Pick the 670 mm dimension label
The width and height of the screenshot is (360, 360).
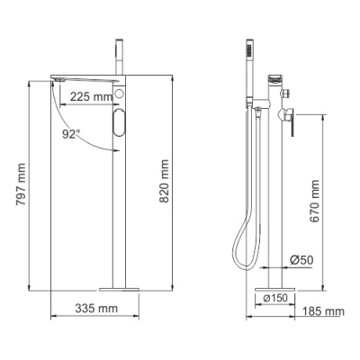[x=312, y=202]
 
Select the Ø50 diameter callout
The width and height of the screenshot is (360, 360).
[x=301, y=261]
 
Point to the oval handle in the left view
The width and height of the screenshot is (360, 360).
[x=121, y=125]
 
